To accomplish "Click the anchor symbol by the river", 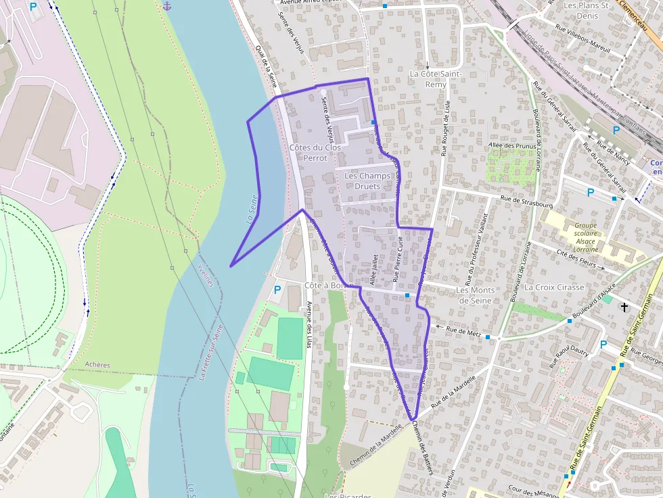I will tap(167, 6).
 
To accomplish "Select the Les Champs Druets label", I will tap(367, 181).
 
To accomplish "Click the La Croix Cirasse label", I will tap(554, 287).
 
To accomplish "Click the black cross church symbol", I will tap(624, 307).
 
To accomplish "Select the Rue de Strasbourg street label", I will tap(526, 199).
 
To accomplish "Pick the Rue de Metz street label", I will tap(463, 332).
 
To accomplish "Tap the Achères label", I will tap(97, 365).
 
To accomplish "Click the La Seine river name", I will tap(252, 209).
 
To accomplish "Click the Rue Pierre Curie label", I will tap(398, 264).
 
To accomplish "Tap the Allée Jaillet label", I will tap(373, 268).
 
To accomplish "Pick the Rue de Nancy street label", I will tap(613, 157).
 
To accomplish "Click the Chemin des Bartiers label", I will tap(422, 448).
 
